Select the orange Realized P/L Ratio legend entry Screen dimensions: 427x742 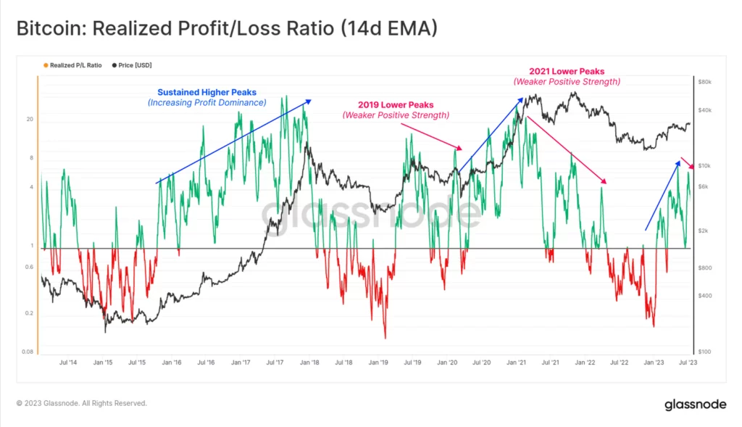click(x=72, y=65)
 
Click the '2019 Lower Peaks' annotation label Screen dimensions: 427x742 click(x=396, y=104)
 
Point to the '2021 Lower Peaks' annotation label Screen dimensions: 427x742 click(x=567, y=72)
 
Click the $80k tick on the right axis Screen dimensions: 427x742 click(x=705, y=83)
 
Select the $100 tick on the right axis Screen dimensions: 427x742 click(x=705, y=352)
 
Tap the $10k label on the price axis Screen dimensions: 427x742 click(x=705, y=166)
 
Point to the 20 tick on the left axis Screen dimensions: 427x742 click(x=30, y=120)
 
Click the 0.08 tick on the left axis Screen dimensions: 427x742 click(x=28, y=352)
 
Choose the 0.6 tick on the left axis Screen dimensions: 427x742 click(x=30, y=268)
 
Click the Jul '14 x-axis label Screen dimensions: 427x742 click(x=69, y=362)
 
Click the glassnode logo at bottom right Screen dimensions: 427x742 click(x=696, y=405)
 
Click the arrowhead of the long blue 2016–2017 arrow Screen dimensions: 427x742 click(x=309, y=101)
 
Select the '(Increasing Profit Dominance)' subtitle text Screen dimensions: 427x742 click(x=207, y=103)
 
